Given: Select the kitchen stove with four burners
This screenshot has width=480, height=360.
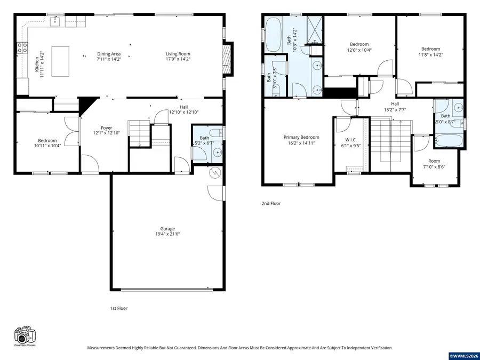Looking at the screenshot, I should (22, 47).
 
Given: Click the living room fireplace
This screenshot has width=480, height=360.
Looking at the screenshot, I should (228, 57).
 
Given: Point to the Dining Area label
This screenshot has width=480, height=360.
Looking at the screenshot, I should (109, 54).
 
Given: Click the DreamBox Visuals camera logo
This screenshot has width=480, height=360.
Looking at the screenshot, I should (25, 335).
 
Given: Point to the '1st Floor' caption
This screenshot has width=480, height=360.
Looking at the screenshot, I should (118, 308).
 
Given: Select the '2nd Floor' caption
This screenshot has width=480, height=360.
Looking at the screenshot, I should (271, 203).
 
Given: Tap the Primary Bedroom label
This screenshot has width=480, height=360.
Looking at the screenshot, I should (301, 137).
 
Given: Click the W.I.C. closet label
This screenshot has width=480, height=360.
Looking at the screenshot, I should (350, 140).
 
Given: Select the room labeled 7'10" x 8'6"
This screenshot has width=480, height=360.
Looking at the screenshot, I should (434, 163).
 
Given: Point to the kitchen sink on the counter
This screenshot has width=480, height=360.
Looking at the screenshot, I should (55, 21).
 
